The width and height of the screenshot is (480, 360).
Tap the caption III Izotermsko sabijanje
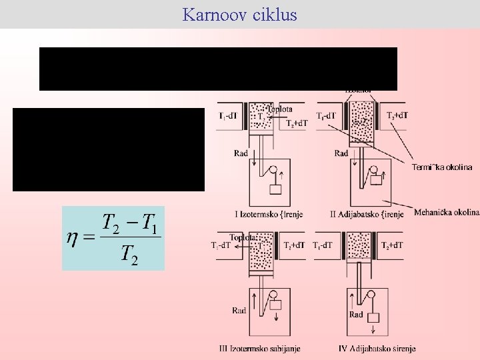click(259, 348)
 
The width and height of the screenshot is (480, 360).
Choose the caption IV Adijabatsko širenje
click(377, 348)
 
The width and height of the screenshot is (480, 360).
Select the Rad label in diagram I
click(241, 153)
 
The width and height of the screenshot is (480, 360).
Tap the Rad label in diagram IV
click(357, 314)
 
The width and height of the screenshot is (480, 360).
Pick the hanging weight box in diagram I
click(275, 189)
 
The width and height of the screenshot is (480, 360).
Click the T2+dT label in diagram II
click(397, 115)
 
